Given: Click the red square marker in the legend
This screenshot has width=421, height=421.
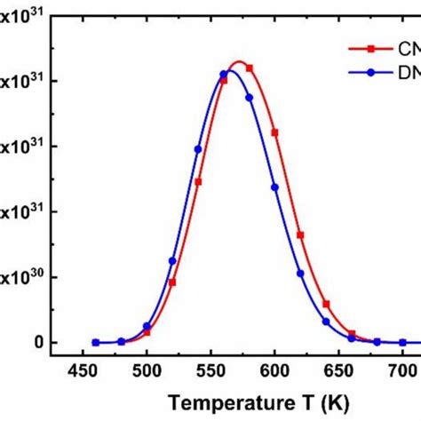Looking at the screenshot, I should click(x=361, y=50).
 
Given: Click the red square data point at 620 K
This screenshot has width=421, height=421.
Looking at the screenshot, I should click(x=301, y=235).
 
